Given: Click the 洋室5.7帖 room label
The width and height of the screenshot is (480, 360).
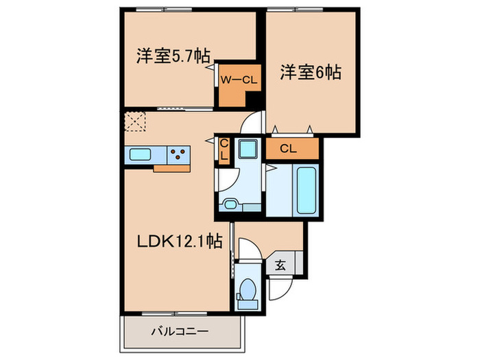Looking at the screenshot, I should [172, 57].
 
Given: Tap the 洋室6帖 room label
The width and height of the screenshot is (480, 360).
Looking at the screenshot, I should [311, 72].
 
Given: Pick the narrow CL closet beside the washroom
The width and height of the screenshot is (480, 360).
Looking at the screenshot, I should [223, 149].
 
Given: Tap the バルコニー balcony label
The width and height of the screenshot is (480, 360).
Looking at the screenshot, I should [180, 331].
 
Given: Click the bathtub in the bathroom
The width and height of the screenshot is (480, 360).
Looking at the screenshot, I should [305, 189].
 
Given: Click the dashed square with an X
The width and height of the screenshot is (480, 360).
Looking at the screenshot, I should [136, 122].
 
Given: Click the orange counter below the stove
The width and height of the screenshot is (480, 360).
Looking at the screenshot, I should [171, 167].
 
